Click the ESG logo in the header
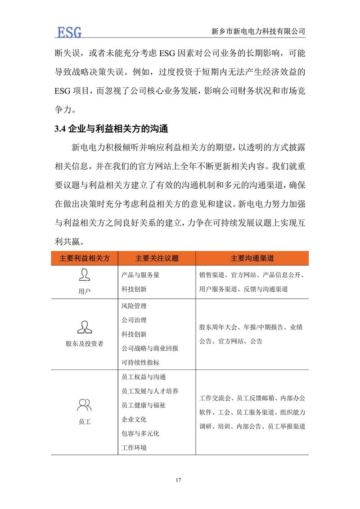pyautogui.click(x=69, y=32)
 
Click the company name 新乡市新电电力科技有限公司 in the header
pyautogui.click(x=258, y=32)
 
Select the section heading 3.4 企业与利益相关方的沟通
pyautogui.click(x=111, y=129)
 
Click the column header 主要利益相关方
pyautogui.click(x=85, y=258)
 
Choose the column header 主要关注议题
pyautogui.click(x=157, y=258)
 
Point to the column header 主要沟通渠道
pyautogui.click(x=252, y=258)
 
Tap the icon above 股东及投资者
pyautogui.click(x=84, y=326)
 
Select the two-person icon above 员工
pyautogui.click(x=84, y=405)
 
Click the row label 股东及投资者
pyautogui.click(x=85, y=343)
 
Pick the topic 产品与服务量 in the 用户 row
pyautogui.click(x=140, y=275)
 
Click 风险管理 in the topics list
pyautogui.click(x=134, y=306)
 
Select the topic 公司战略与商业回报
pyautogui.click(x=150, y=348)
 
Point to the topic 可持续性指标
pyautogui.click(x=140, y=362)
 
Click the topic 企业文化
pyautogui.click(x=134, y=419)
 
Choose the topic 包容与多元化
pyautogui.click(x=140, y=433)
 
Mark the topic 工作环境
pyautogui.click(x=134, y=448)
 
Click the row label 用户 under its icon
pyautogui.click(x=85, y=291)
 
